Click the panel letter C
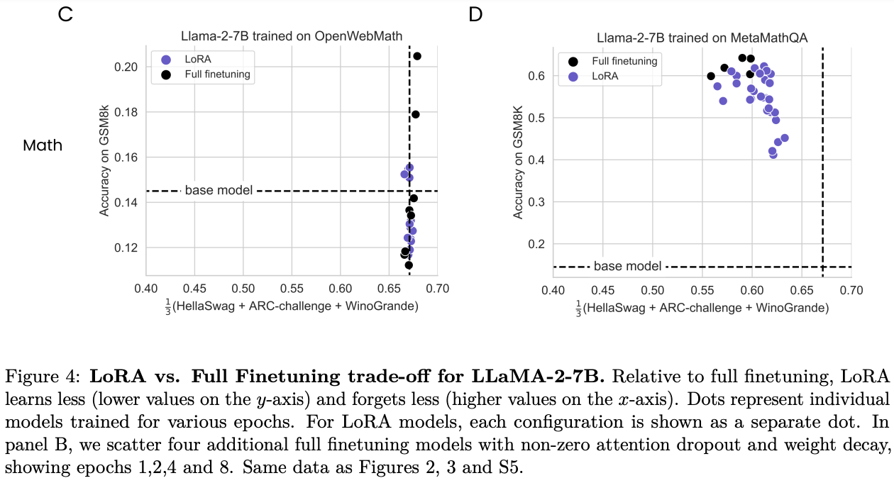click(x=65, y=14)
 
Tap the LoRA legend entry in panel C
click(x=197, y=60)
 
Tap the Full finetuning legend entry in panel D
click(x=624, y=61)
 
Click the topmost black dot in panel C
click(x=417, y=56)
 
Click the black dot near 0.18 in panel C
click(x=416, y=114)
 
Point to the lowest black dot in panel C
click(x=409, y=265)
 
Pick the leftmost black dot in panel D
click(x=711, y=76)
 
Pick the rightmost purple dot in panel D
click(x=784, y=138)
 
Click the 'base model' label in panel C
click(x=219, y=190)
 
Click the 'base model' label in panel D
click(x=627, y=267)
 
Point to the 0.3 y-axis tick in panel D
click(x=537, y=202)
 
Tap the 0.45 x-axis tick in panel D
click(x=602, y=289)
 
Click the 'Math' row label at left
click(x=43, y=145)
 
